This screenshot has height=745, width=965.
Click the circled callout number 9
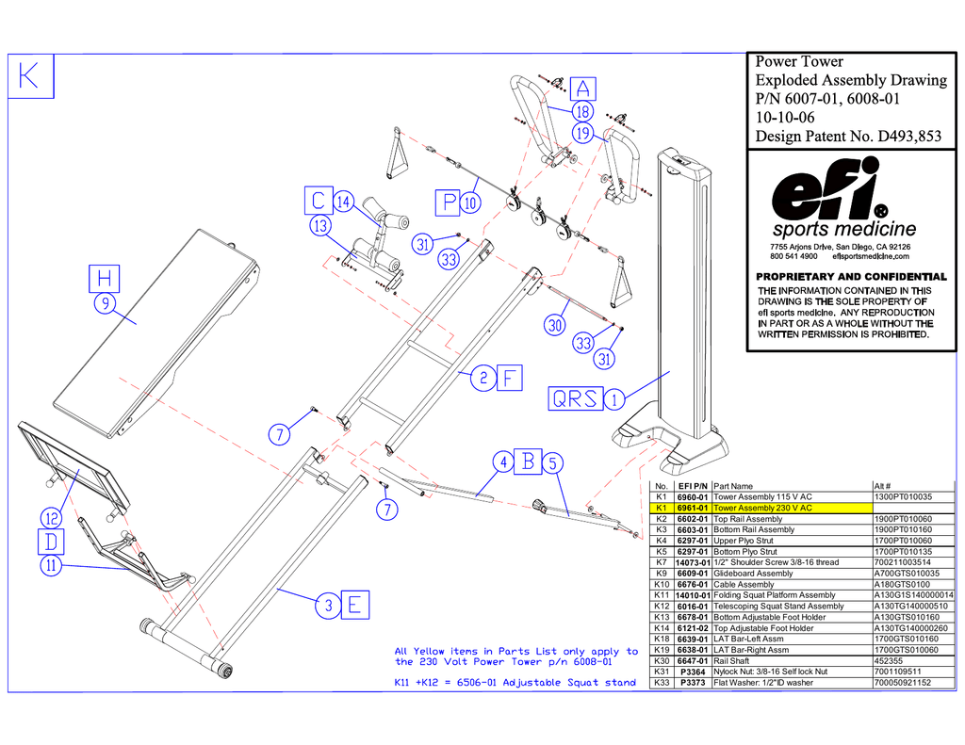pos(104,303)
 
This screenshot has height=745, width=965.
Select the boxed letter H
pos(105,278)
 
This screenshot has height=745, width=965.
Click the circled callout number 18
pos(582,112)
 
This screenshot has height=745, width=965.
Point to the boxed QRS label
pos(575,398)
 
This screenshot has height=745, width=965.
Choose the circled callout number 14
pos(343,202)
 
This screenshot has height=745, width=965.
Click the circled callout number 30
pos(555,326)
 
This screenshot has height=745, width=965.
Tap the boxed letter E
pos(353,605)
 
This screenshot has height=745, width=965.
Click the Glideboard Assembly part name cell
pos(753,574)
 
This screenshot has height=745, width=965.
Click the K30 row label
pos(661,661)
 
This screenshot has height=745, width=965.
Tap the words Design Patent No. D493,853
pos(848,137)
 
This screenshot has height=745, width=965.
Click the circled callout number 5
pos(553,462)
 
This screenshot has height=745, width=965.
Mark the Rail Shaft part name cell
pos(732,661)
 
